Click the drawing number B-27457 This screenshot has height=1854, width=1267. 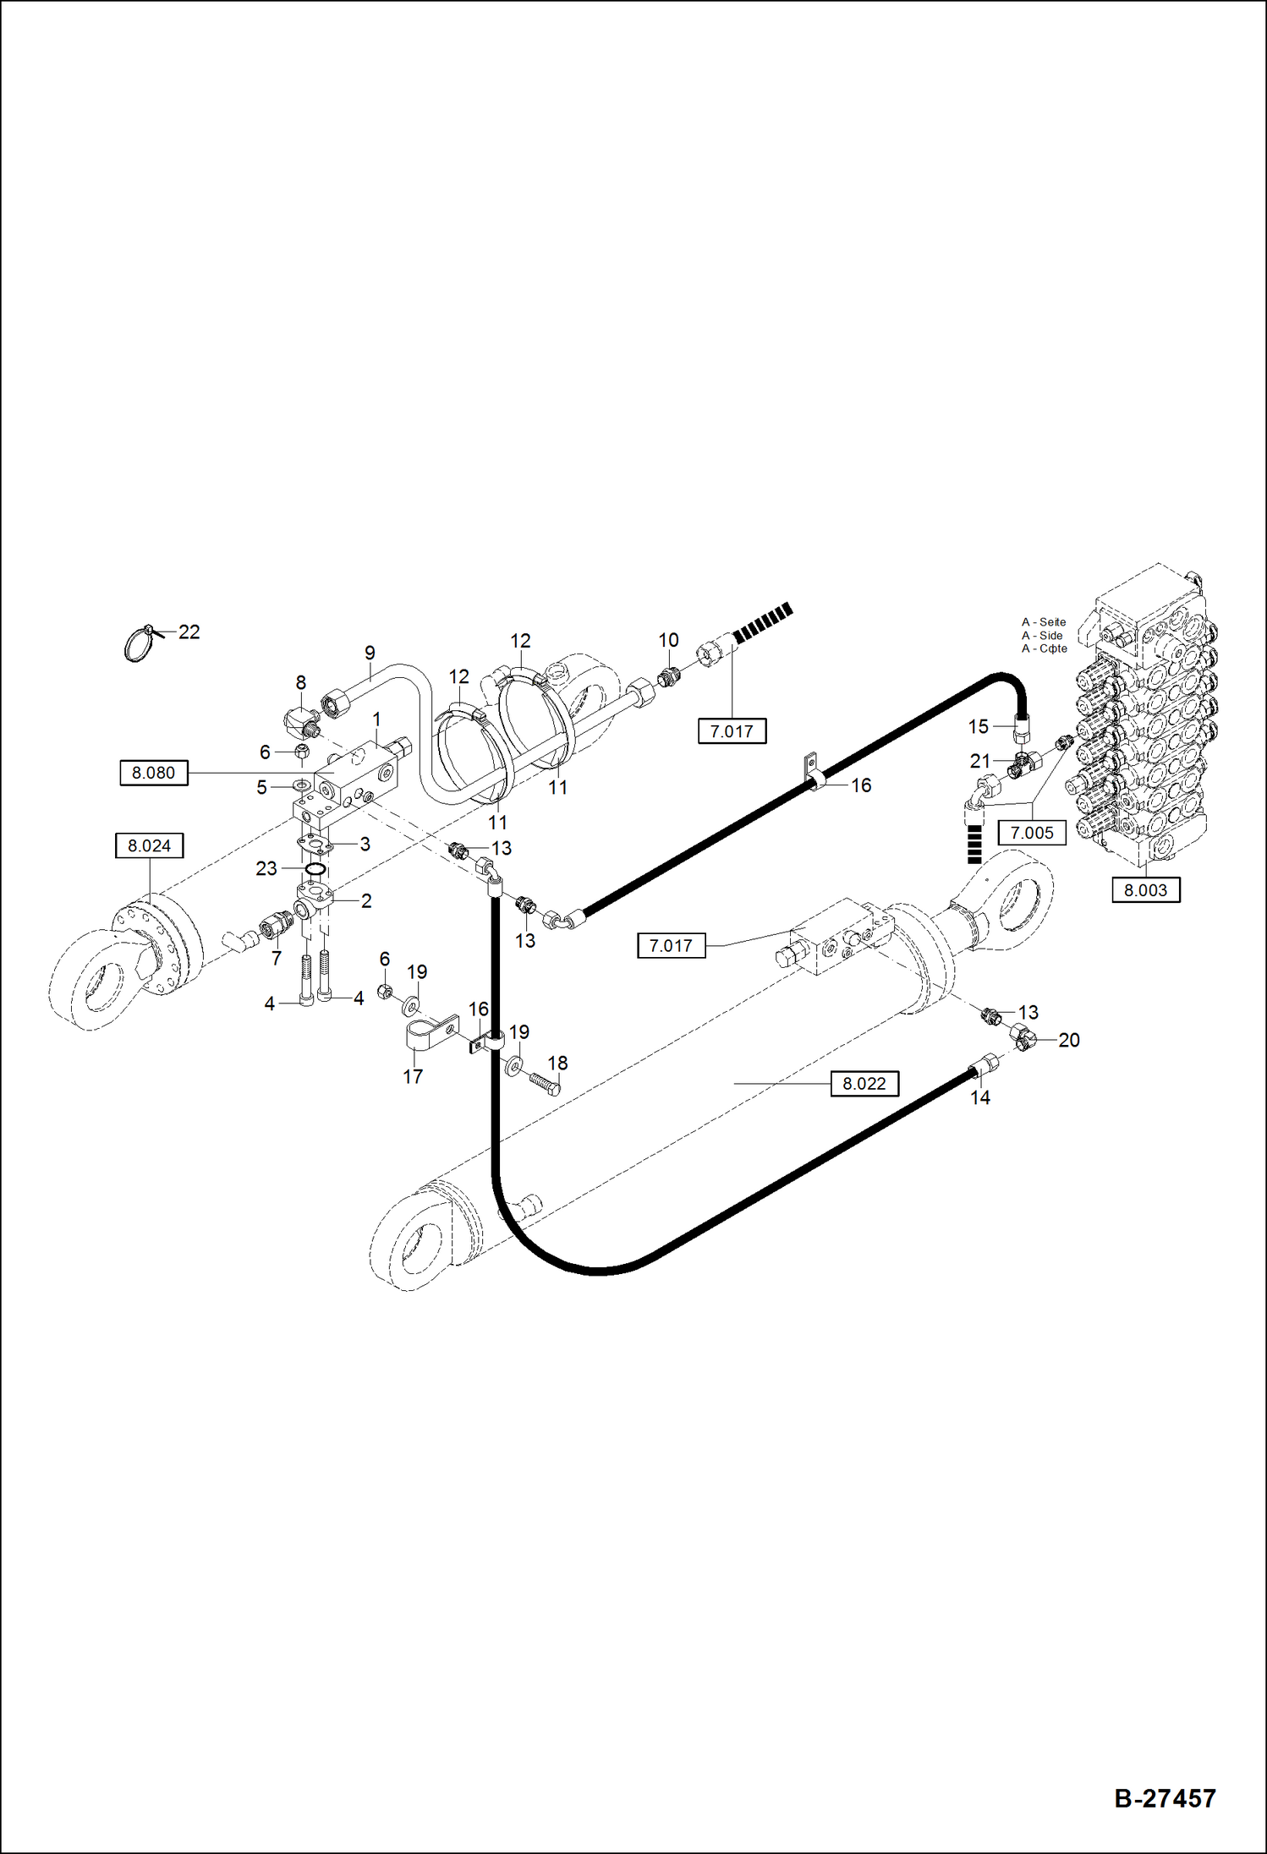pos(1165,1798)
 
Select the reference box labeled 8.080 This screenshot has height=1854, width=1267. pos(153,773)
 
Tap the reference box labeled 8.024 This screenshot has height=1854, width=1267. pos(149,845)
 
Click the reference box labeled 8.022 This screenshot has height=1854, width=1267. pos(864,1084)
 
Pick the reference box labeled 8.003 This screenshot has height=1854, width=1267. pos(1145,890)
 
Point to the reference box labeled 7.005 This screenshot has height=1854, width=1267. pos(1032,833)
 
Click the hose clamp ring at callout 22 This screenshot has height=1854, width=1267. pos(138,646)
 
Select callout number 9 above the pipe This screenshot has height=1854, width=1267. pos(370,654)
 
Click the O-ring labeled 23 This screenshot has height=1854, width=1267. pos(315,869)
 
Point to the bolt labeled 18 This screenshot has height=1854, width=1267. pos(545,1082)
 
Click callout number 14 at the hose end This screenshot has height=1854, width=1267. pos(979,1097)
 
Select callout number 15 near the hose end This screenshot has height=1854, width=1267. pos(978,726)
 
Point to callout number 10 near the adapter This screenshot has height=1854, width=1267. pos(668,640)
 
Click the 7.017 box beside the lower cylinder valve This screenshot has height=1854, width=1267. pos(671,946)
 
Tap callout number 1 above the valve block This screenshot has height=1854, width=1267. pos(376,719)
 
